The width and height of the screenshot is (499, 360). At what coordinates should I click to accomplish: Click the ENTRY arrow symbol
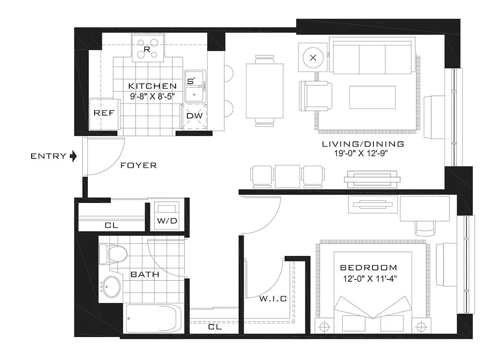pyautogui.click(x=74, y=156)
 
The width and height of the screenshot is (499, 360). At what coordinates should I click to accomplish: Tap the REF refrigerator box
pyautogui.click(x=104, y=113)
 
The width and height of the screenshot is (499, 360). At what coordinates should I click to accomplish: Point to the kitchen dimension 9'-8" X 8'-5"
pyautogui.click(x=152, y=95)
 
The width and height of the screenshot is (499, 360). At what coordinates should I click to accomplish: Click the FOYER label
pyautogui.click(x=139, y=166)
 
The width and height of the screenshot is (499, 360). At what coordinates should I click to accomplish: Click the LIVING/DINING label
pyautogui.click(x=363, y=145)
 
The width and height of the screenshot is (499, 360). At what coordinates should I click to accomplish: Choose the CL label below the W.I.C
pyautogui.click(x=215, y=328)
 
